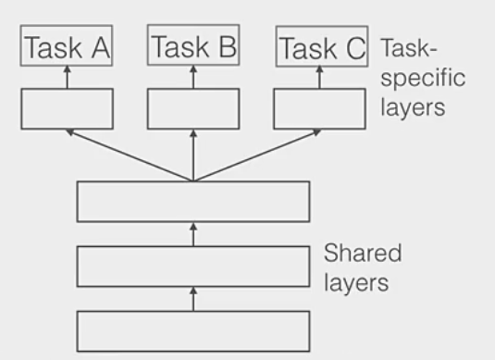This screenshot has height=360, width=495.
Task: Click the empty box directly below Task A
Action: point(67,107)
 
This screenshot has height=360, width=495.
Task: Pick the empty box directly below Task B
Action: point(192,107)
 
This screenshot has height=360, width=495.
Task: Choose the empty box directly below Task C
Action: point(320,107)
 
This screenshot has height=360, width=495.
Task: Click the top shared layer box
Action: point(192,201)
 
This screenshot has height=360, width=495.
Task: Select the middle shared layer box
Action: point(192,267)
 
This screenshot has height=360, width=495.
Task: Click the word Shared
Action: point(362,254)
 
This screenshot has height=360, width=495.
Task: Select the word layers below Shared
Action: point(356,282)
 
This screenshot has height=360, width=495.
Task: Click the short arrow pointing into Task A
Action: point(67,79)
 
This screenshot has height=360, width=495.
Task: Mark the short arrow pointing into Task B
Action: point(192,79)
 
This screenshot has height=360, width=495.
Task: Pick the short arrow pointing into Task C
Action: point(320,79)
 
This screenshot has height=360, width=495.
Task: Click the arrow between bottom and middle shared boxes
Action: point(192,299)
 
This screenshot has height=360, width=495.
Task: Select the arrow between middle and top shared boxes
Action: point(192,234)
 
